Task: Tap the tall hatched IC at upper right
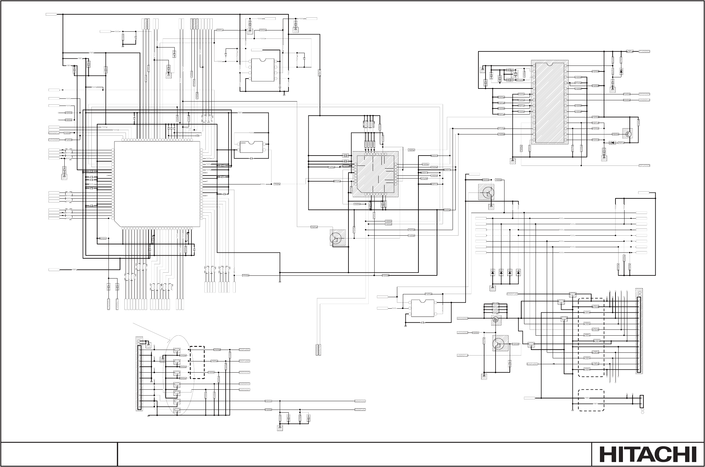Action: [x=550, y=102]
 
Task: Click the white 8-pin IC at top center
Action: [x=263, y=70]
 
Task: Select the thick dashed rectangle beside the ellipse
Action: [x=197, y=362]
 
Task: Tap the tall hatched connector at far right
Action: [x=639, y=331]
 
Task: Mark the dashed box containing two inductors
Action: [x=591, y=400]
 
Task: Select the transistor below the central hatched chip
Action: [x=336, y=238]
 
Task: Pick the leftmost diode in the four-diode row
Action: [x=492, y=273]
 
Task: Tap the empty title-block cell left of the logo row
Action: [x=59, y=454]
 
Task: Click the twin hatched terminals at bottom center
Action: [x=318, y=350]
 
